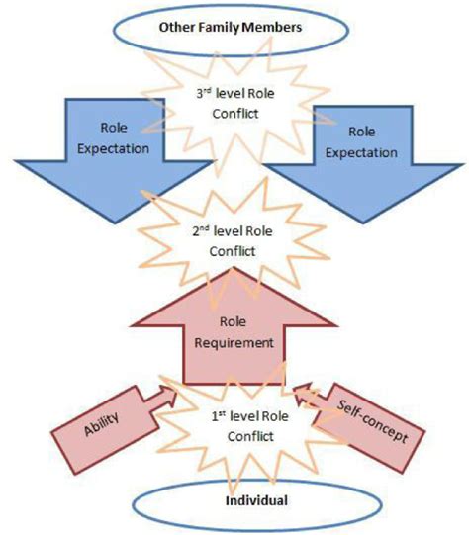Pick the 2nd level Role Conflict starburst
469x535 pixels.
pos(234,236)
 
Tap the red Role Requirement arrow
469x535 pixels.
pos(234,336)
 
